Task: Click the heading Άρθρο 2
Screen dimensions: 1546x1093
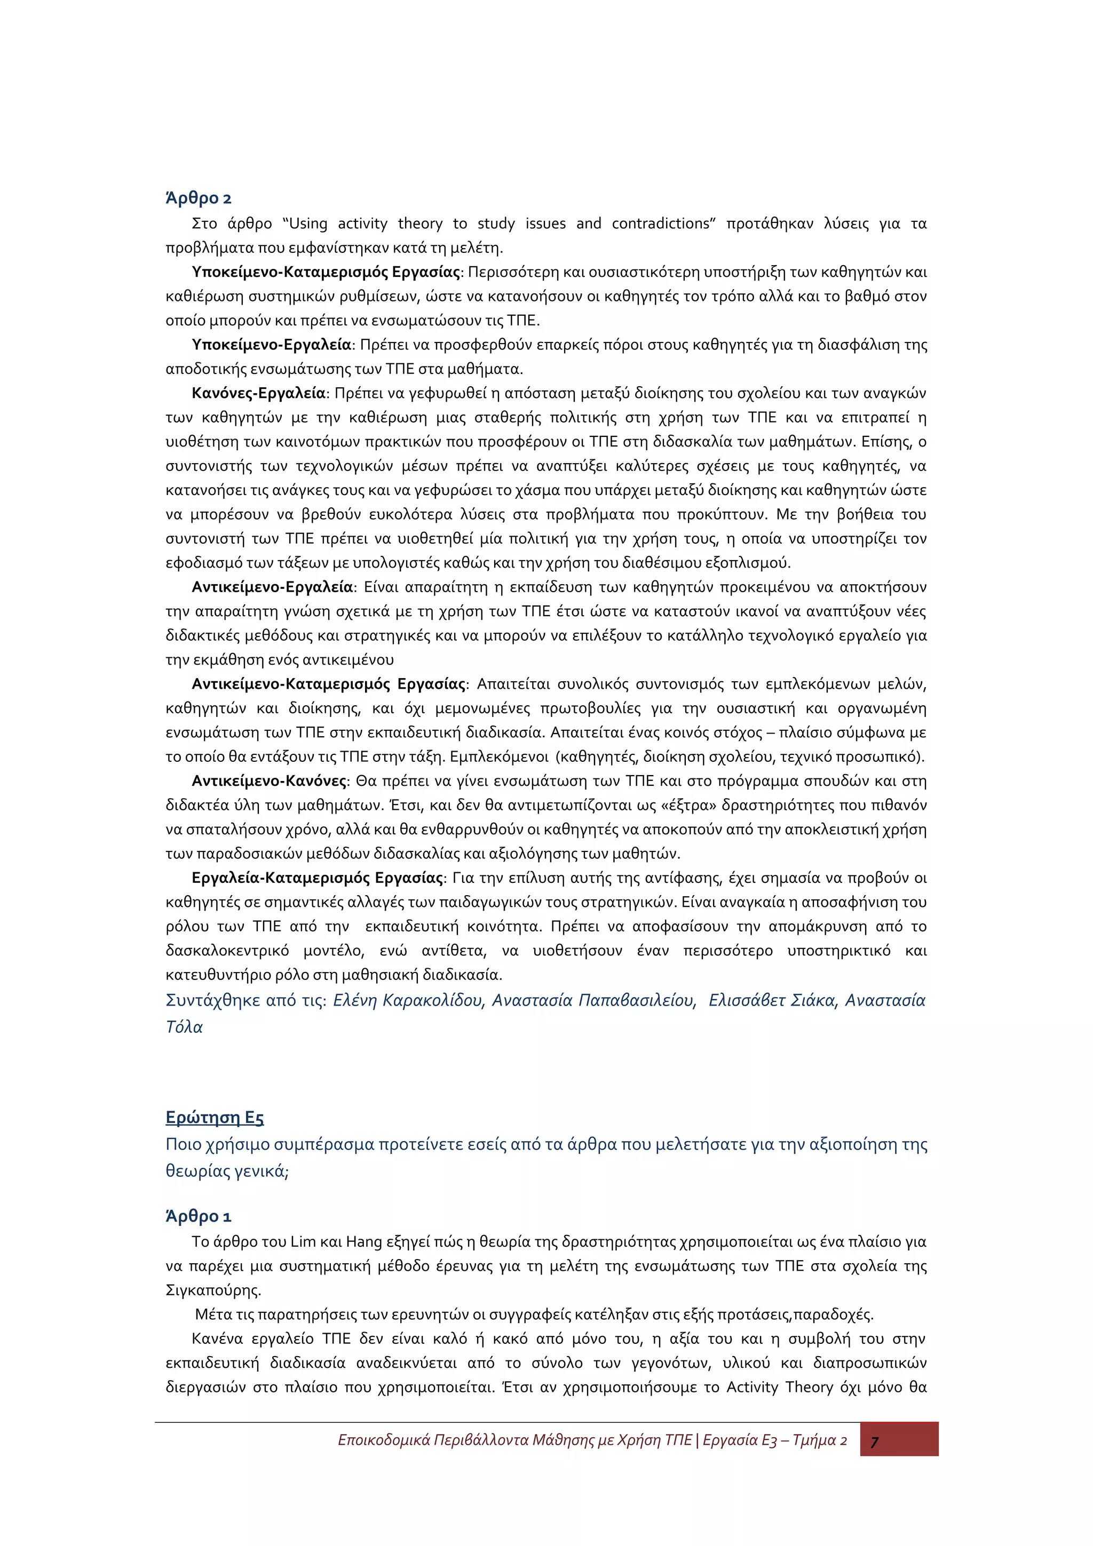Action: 198,198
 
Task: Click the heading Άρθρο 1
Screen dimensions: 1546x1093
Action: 198,1216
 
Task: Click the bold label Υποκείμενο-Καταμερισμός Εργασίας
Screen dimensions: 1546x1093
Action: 326,272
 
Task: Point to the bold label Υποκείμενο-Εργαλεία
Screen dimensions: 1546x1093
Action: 272,345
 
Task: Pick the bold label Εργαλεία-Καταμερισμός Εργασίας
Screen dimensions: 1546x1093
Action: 318,878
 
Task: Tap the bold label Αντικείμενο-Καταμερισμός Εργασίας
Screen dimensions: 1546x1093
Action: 329,684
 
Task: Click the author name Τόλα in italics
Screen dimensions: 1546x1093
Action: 184,1027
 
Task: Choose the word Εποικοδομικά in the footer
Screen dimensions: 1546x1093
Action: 384,1440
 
